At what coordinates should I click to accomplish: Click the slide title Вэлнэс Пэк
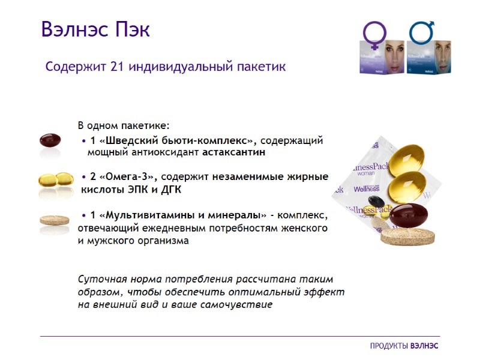pos(95,28)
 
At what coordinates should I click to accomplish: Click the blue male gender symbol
pos(422,31)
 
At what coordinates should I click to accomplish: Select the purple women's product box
pos(382,57)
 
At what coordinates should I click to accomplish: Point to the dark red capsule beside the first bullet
pos(50,140)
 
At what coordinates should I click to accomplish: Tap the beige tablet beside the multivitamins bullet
pos(55,221)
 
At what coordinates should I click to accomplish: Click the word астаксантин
pos(233,152)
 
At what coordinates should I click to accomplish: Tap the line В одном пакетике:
pos(124,126)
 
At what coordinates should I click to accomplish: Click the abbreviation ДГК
pos(170,190)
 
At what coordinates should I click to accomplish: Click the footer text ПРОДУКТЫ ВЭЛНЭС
pos(404,346)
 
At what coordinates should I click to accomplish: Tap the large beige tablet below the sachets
pos(407,235)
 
